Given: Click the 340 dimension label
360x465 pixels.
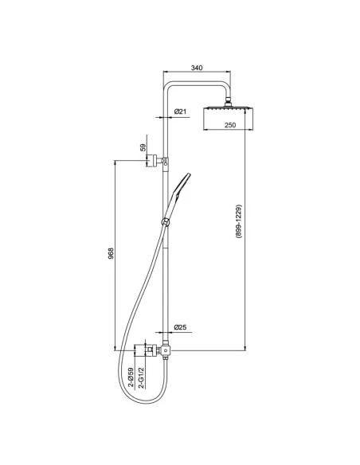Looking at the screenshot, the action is coord(197,68).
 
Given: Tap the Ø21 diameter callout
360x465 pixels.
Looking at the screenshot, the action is coord(180,111).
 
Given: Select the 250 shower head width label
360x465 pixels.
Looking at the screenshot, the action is coord(230,125).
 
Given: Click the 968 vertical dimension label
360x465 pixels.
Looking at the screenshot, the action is coord(111,253).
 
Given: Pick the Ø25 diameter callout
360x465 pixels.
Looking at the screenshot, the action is coord(180,327).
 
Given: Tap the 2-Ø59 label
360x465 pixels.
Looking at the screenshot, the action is coord(131,377).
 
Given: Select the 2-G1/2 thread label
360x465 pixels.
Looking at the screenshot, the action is coord(142,377).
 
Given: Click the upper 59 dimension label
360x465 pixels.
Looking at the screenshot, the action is coord(143,147).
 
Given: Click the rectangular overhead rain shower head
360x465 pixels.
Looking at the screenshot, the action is coord(228,119).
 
